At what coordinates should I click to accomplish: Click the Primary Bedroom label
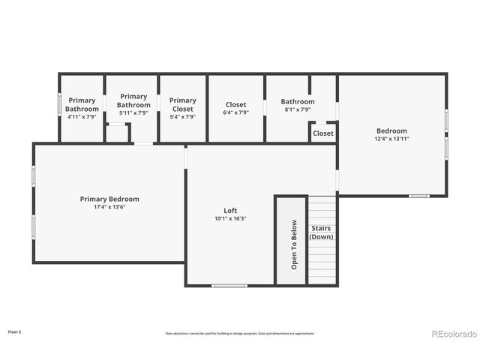click(109, 199)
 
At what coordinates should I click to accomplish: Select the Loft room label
click(230, 211)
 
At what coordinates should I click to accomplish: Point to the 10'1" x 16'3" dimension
click(230, 219)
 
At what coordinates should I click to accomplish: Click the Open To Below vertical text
click(294, 244)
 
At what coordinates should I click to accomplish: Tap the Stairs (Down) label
click(322, 232)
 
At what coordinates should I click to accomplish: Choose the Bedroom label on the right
click(391, 130)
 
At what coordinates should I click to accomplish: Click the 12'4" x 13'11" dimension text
click(391, 139)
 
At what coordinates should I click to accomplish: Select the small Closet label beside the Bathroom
click(323, 133)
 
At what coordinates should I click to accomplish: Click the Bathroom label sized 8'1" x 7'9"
click(298, 101)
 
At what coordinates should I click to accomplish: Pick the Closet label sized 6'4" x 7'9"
click(235, 105)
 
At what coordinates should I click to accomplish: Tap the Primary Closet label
click(182, 104)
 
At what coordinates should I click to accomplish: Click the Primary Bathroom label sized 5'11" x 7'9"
click(133, 100)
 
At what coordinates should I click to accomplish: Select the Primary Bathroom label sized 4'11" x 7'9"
click(82, 104)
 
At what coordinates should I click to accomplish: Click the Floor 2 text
click(15, 331)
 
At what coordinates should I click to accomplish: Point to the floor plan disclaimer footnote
click(240, 333)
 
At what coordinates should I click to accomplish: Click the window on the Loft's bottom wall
click(229, 285)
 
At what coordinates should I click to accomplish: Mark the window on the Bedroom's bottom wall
click(418, 196)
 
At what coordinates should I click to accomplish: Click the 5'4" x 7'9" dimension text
click(182, 117)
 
